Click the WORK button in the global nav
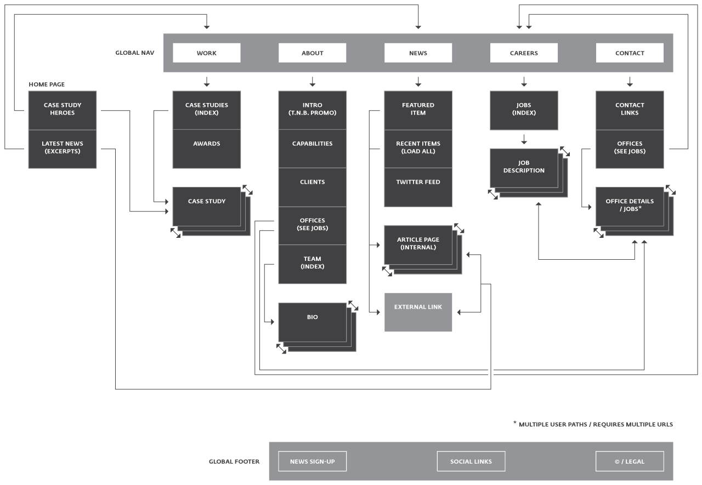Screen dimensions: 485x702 [207, 53]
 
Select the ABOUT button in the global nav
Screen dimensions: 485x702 [313, 53]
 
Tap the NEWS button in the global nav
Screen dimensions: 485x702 [418, 53]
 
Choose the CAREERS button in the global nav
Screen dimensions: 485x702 [524, 53]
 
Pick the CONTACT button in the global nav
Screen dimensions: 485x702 [630, 53]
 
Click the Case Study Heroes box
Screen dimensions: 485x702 [63, 110]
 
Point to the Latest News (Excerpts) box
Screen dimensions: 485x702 [63, 149]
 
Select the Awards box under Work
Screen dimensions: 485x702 [207, 149]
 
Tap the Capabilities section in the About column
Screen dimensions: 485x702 [313, 149]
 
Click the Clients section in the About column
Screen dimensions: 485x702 [313, 187]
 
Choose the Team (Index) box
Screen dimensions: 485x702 [313, 264]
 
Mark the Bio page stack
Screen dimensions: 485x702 [313, 322]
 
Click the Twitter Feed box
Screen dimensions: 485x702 [418, 187]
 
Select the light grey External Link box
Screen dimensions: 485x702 [418, 312]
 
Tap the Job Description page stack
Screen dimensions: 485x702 [524, 168]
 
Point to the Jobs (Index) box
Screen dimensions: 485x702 [524, 110]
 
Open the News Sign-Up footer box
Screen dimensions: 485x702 [313, 461]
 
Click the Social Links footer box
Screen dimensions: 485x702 [471, 461]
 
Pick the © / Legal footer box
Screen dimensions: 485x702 [630, 461]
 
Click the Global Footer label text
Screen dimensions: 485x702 [234, 461]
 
